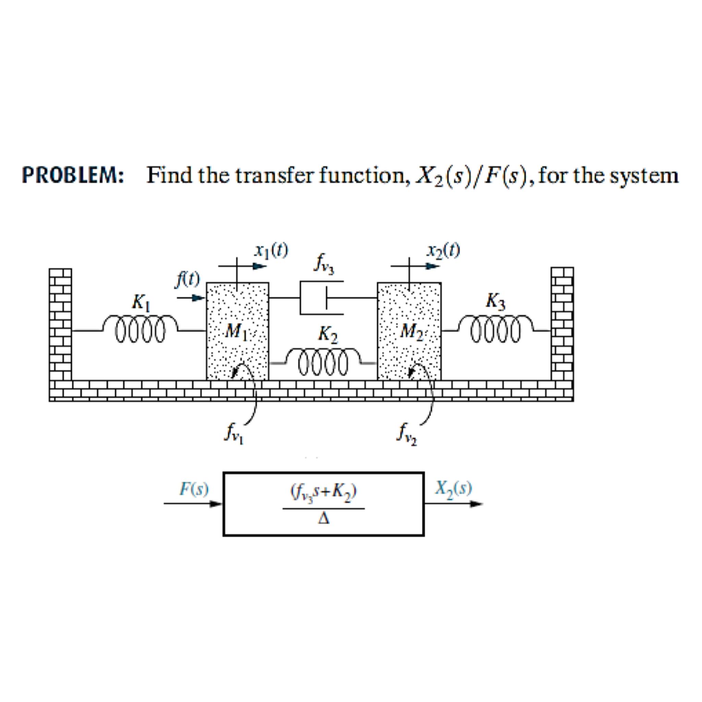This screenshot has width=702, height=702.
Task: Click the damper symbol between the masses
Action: [x=322, y=298]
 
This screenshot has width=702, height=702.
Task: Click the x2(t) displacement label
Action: [x=444, y=251]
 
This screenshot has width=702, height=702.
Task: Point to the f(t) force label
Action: [x=187, y=280]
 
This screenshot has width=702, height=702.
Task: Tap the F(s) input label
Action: [x=194, y=489]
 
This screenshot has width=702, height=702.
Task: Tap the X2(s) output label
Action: [x=454, y=489]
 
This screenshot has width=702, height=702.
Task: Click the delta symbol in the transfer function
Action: [x=324, y=520]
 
